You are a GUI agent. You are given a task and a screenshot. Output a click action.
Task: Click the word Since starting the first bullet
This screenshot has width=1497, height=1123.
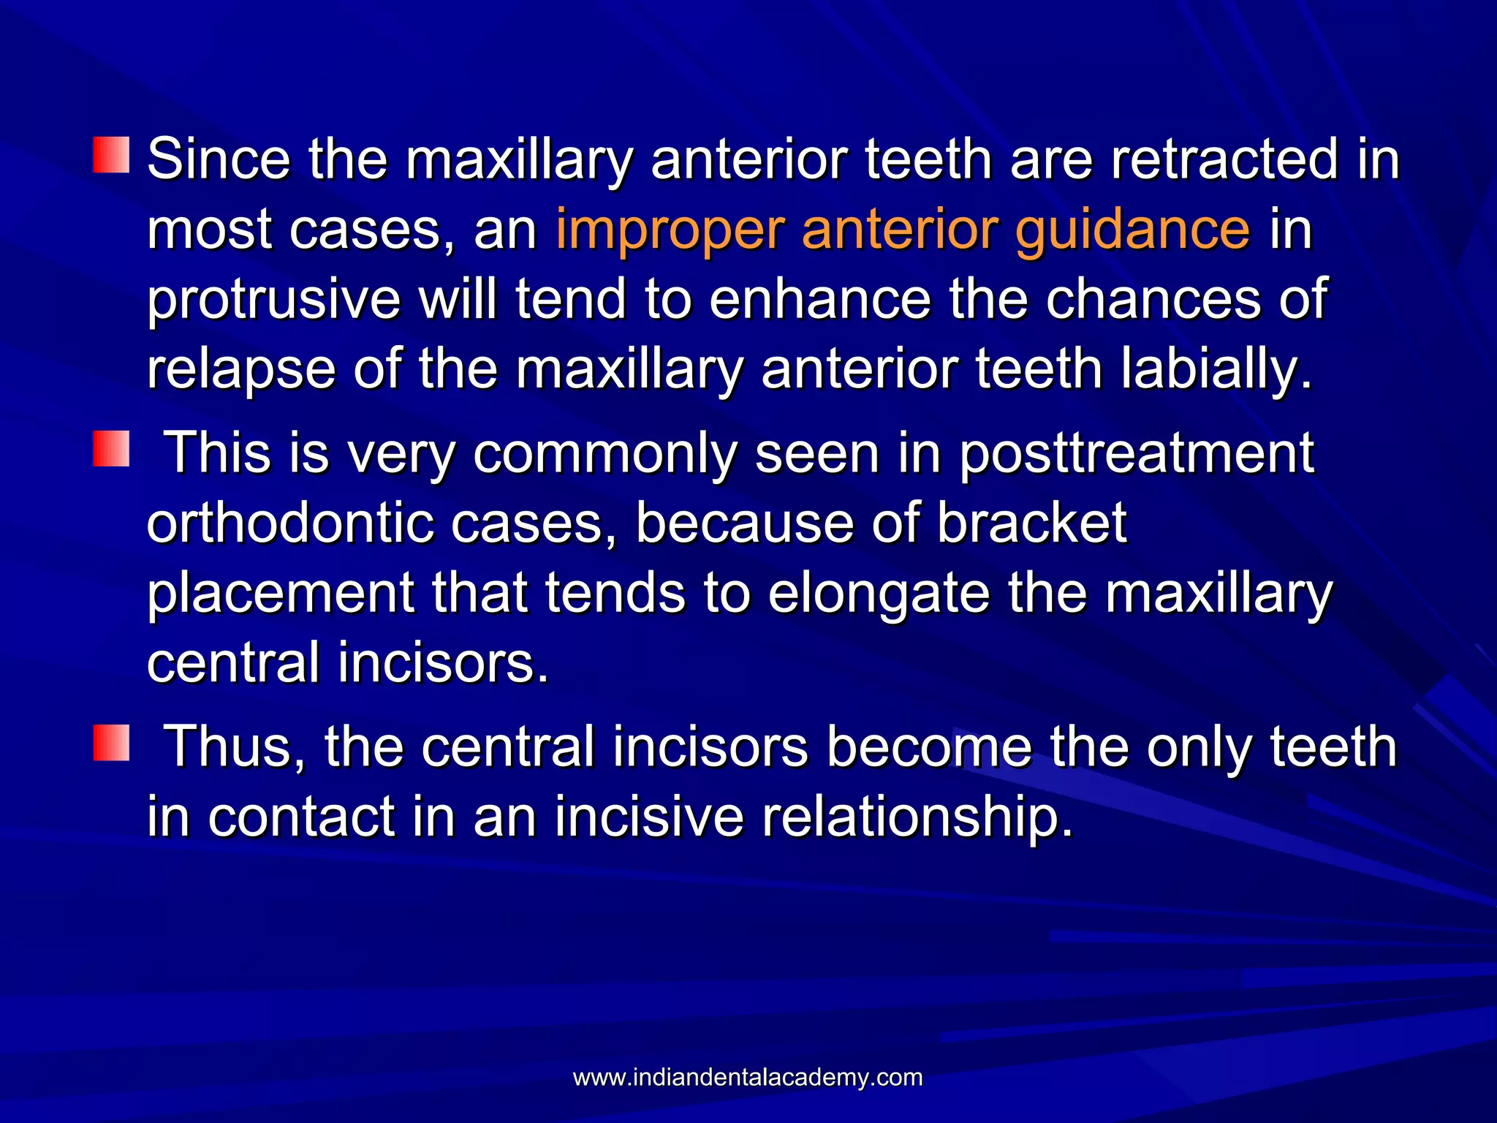[218, 159]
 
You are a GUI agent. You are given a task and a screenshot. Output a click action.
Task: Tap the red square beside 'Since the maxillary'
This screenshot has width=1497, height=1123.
[111, 154]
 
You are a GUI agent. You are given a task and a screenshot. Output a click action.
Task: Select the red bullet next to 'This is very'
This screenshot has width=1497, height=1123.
[111, 448]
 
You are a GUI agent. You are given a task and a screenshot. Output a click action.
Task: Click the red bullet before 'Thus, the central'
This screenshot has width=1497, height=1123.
[111, 743]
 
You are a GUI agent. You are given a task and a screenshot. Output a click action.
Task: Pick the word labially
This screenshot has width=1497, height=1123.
[1216, 370]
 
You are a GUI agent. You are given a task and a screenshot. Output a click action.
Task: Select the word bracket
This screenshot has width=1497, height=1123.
[1031, 523]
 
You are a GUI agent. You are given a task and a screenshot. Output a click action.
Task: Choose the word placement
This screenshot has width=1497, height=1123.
[281, 594]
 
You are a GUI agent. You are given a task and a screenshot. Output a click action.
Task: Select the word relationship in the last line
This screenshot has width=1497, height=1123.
[917, 817]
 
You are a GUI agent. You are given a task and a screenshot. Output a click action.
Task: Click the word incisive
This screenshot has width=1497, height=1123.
[648, 817]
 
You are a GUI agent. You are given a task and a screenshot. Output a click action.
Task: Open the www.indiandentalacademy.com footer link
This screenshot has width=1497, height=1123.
[747, 1078]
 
